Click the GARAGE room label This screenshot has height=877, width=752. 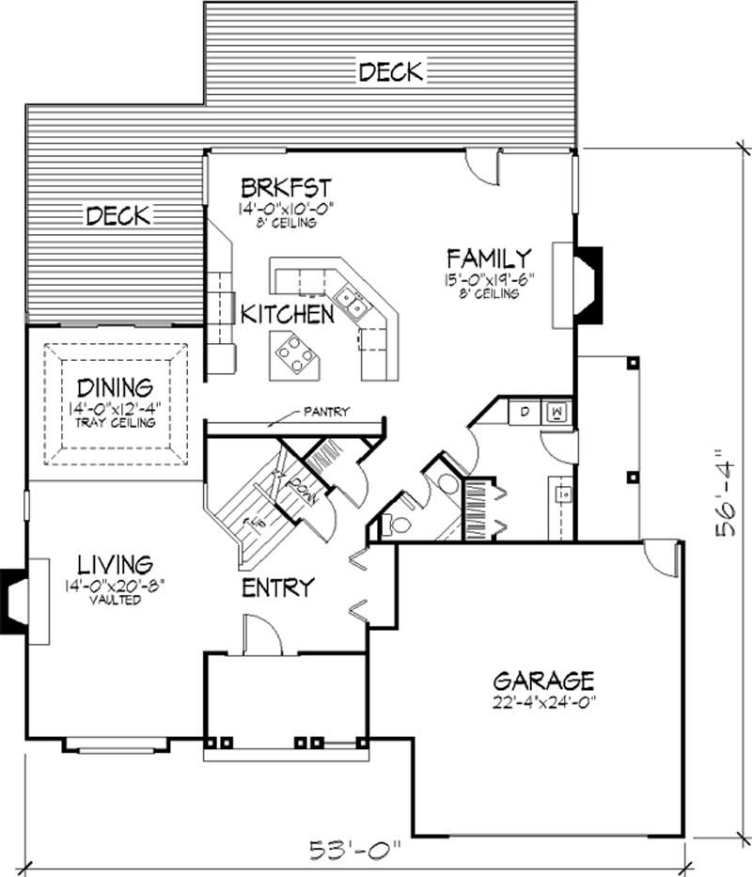click(x=544, y=679)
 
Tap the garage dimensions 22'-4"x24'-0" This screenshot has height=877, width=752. click(x=544, y=700)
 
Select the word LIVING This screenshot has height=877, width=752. click(x=116, y=565)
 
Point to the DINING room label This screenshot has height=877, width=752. click(x=116, y=386)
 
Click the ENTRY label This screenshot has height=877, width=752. click(x=277, y=588)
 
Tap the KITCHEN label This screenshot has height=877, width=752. click(x=287, y=314)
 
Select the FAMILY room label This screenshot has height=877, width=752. click(x=489, y=257)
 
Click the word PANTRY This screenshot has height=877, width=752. click(x=326, y=411)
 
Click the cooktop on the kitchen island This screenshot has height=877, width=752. click(x=292, y=354)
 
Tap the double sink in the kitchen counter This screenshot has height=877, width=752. click(x=352, y=301)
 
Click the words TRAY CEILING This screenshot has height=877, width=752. click(x=116, y=422)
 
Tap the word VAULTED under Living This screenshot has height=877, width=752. click(x=116, y=600)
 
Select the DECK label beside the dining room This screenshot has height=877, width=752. click(x=117, y=215)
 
